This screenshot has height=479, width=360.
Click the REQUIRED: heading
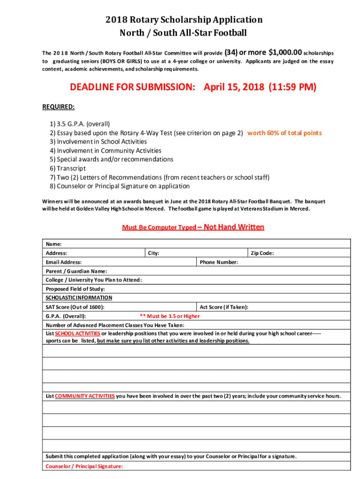coord(58,107)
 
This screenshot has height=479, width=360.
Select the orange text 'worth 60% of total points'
coord(284,133)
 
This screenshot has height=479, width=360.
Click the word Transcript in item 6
coord(71,168)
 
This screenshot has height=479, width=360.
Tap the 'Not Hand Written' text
coord(234,227)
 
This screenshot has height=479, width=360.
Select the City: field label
coord(153,253)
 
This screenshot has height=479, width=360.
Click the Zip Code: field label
coord(262,253)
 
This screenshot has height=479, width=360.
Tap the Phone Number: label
coord(219,262)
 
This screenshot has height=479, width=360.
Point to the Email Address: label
coord(64,262)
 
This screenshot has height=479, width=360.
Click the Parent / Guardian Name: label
coord(76,271)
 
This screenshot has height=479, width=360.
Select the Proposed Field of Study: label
coord(75,289)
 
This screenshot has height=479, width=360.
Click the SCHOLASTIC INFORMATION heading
coord(79,298)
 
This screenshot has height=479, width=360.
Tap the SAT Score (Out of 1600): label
coord(75,307)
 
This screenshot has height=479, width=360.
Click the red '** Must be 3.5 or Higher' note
coord(170,316)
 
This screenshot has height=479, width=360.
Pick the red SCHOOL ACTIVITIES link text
coord(78,334)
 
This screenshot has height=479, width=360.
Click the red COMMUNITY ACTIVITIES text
coord(85,396)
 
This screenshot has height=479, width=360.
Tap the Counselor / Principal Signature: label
coord(84,466)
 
